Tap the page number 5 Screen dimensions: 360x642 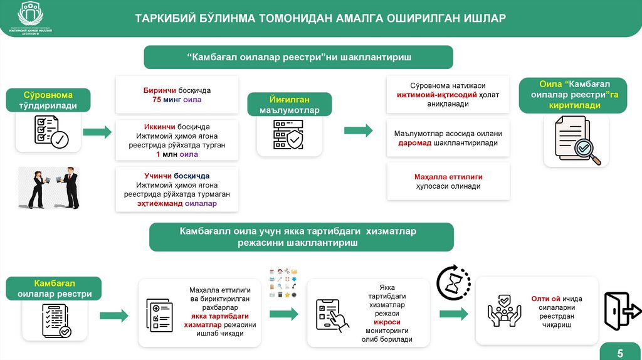[620, 351]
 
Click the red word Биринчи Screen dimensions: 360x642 [157, 90]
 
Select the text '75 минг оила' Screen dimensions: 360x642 [177, 100]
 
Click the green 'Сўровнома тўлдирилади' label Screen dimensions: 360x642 [49, 100]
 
